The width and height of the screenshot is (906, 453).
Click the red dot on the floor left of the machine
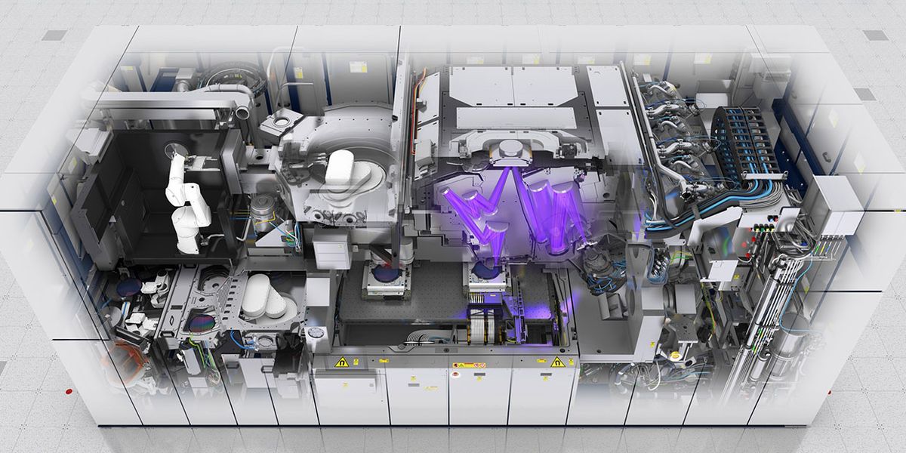point(69,391)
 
